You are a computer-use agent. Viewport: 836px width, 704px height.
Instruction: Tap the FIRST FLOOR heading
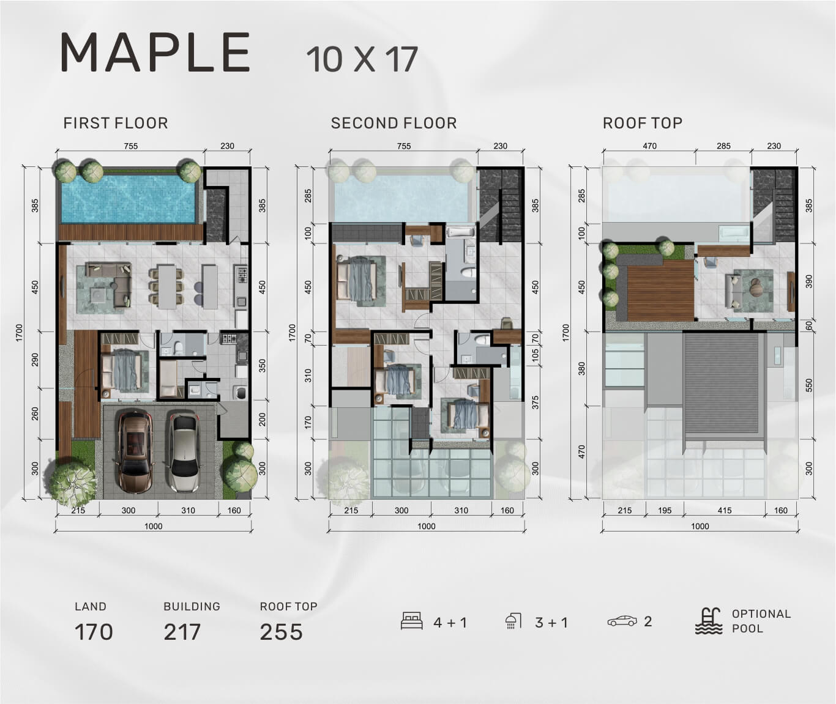click(116, 123)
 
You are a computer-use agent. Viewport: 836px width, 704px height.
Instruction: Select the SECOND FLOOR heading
click(394, 123)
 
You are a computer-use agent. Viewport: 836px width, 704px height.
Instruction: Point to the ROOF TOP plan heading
click(642, 123)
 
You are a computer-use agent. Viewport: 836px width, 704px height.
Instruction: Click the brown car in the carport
click(135, 451)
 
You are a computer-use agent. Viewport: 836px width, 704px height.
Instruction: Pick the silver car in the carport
click(184, 451)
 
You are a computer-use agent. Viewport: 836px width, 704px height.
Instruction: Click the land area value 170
click(94, 632)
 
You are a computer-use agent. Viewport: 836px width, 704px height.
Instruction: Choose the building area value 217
click(182, 632)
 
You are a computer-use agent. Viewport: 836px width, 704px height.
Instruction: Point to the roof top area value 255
click(281, 632)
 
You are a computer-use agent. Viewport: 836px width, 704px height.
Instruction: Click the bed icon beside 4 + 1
click(412, 621)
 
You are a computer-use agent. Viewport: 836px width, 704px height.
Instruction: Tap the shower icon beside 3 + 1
click(513, 621)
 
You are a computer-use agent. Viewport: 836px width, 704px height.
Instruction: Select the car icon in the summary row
click(622, 621)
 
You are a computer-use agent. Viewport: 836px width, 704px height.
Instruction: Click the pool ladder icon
click(709, 621)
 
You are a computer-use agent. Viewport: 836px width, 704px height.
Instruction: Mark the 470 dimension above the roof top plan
click(649, 146)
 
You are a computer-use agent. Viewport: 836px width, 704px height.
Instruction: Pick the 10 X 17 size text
click(362, 59)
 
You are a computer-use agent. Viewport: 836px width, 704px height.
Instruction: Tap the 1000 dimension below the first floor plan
click(153, 526)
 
